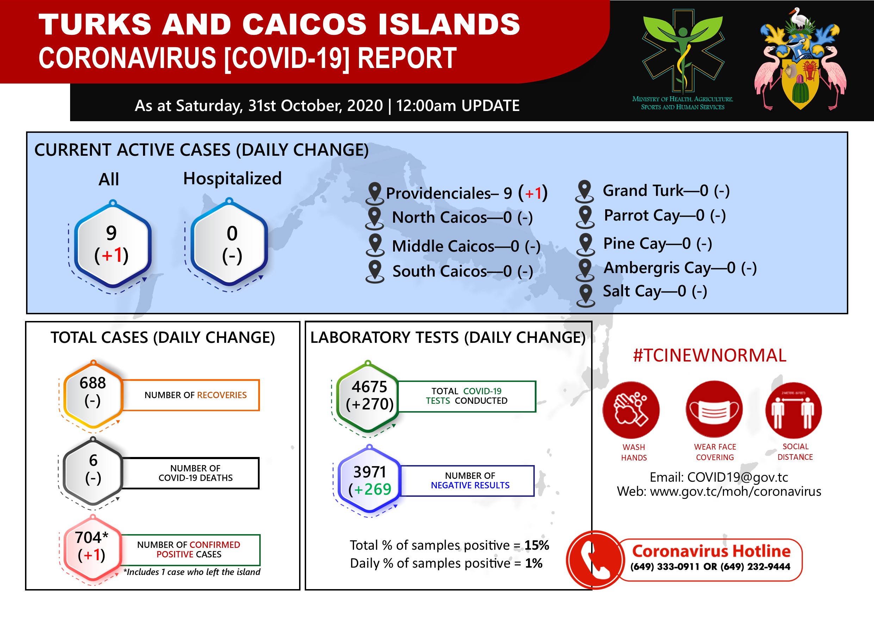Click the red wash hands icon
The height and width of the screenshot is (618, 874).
pyautogui.click(x=631, y=410)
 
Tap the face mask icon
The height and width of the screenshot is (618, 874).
pyautogui.click(x=714, y=409)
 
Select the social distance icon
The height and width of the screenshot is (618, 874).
pyautogui.click(x=794, y=410)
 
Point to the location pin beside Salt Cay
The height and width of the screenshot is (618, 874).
pyautogui.click(x=585, y=296)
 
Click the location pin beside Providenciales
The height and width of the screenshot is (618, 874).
pyautogui.click(x=375, y=193)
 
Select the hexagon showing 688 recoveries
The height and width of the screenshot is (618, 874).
pyautogui.click(x=93, y=395)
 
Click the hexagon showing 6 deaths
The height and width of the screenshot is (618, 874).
pyautogui.click(x=93, y=472)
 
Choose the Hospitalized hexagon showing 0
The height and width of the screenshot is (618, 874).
pyautogui.click(x=229, y=242)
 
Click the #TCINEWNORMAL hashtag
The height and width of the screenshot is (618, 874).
pyautogui.click(x=709, y=355)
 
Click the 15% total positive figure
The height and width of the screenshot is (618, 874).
pyautogui.click(x=537, y=545)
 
